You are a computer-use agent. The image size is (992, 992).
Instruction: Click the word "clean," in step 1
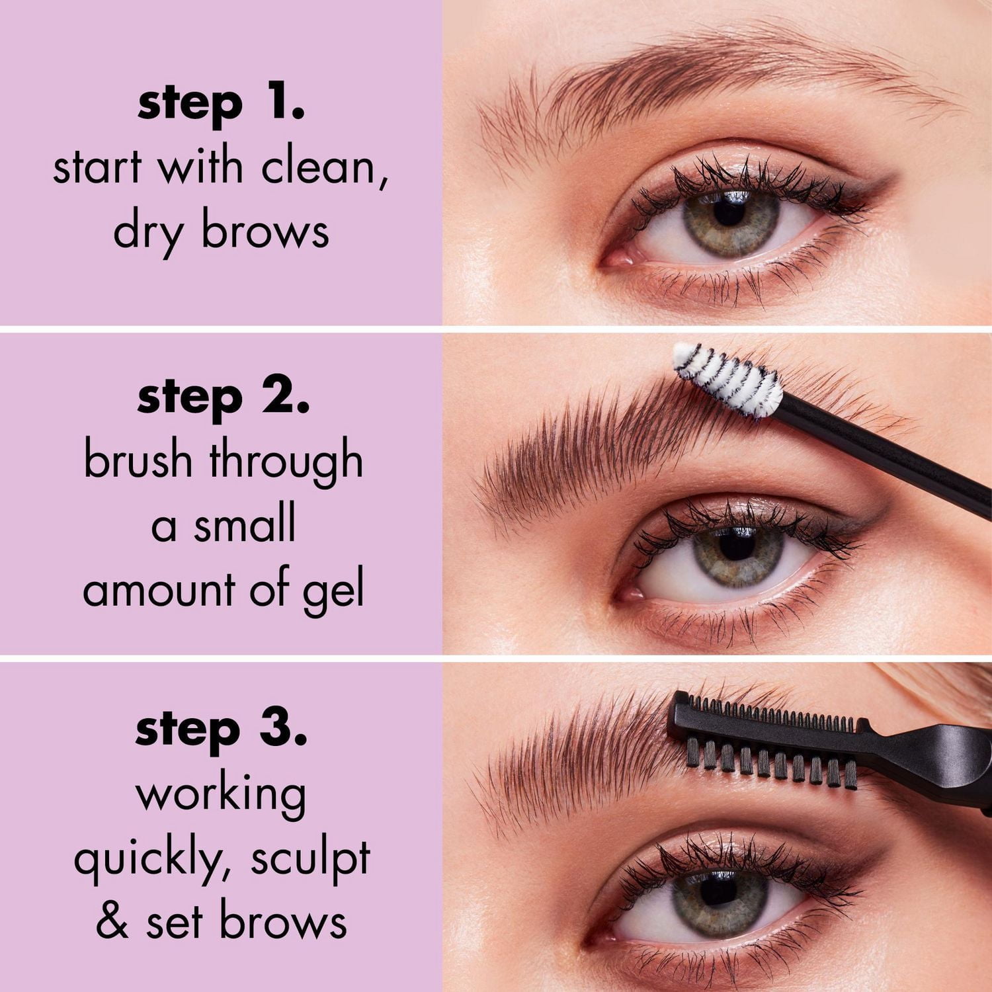[x=324, y=167]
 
